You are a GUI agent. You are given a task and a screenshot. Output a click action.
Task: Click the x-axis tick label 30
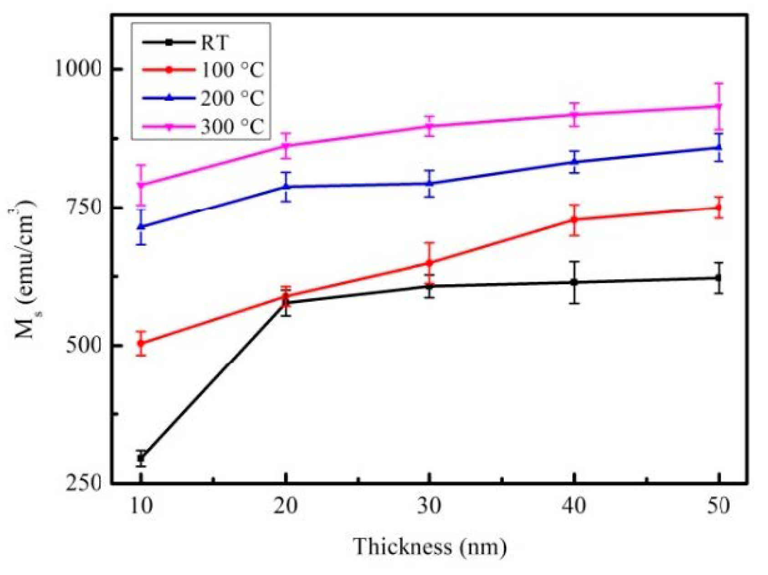click(429, 506)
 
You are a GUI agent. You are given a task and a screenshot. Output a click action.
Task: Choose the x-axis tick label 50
click(718, 506)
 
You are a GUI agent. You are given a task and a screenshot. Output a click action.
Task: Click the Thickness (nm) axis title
click(430, 546)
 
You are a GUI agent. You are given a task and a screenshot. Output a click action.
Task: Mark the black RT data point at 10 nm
click(141, 458)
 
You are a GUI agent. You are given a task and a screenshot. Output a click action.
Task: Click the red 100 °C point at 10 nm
click(141, 343)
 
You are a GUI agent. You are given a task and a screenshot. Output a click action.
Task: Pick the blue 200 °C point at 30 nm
click(429, 184)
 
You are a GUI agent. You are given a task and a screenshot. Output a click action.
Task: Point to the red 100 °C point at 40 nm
click(574, 220)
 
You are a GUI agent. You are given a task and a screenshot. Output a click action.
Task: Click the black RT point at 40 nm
click(574, 282)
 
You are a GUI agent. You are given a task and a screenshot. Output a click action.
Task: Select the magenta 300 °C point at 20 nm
click(286, 146)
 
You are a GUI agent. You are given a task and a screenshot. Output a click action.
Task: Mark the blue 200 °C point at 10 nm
click(141, 226)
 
